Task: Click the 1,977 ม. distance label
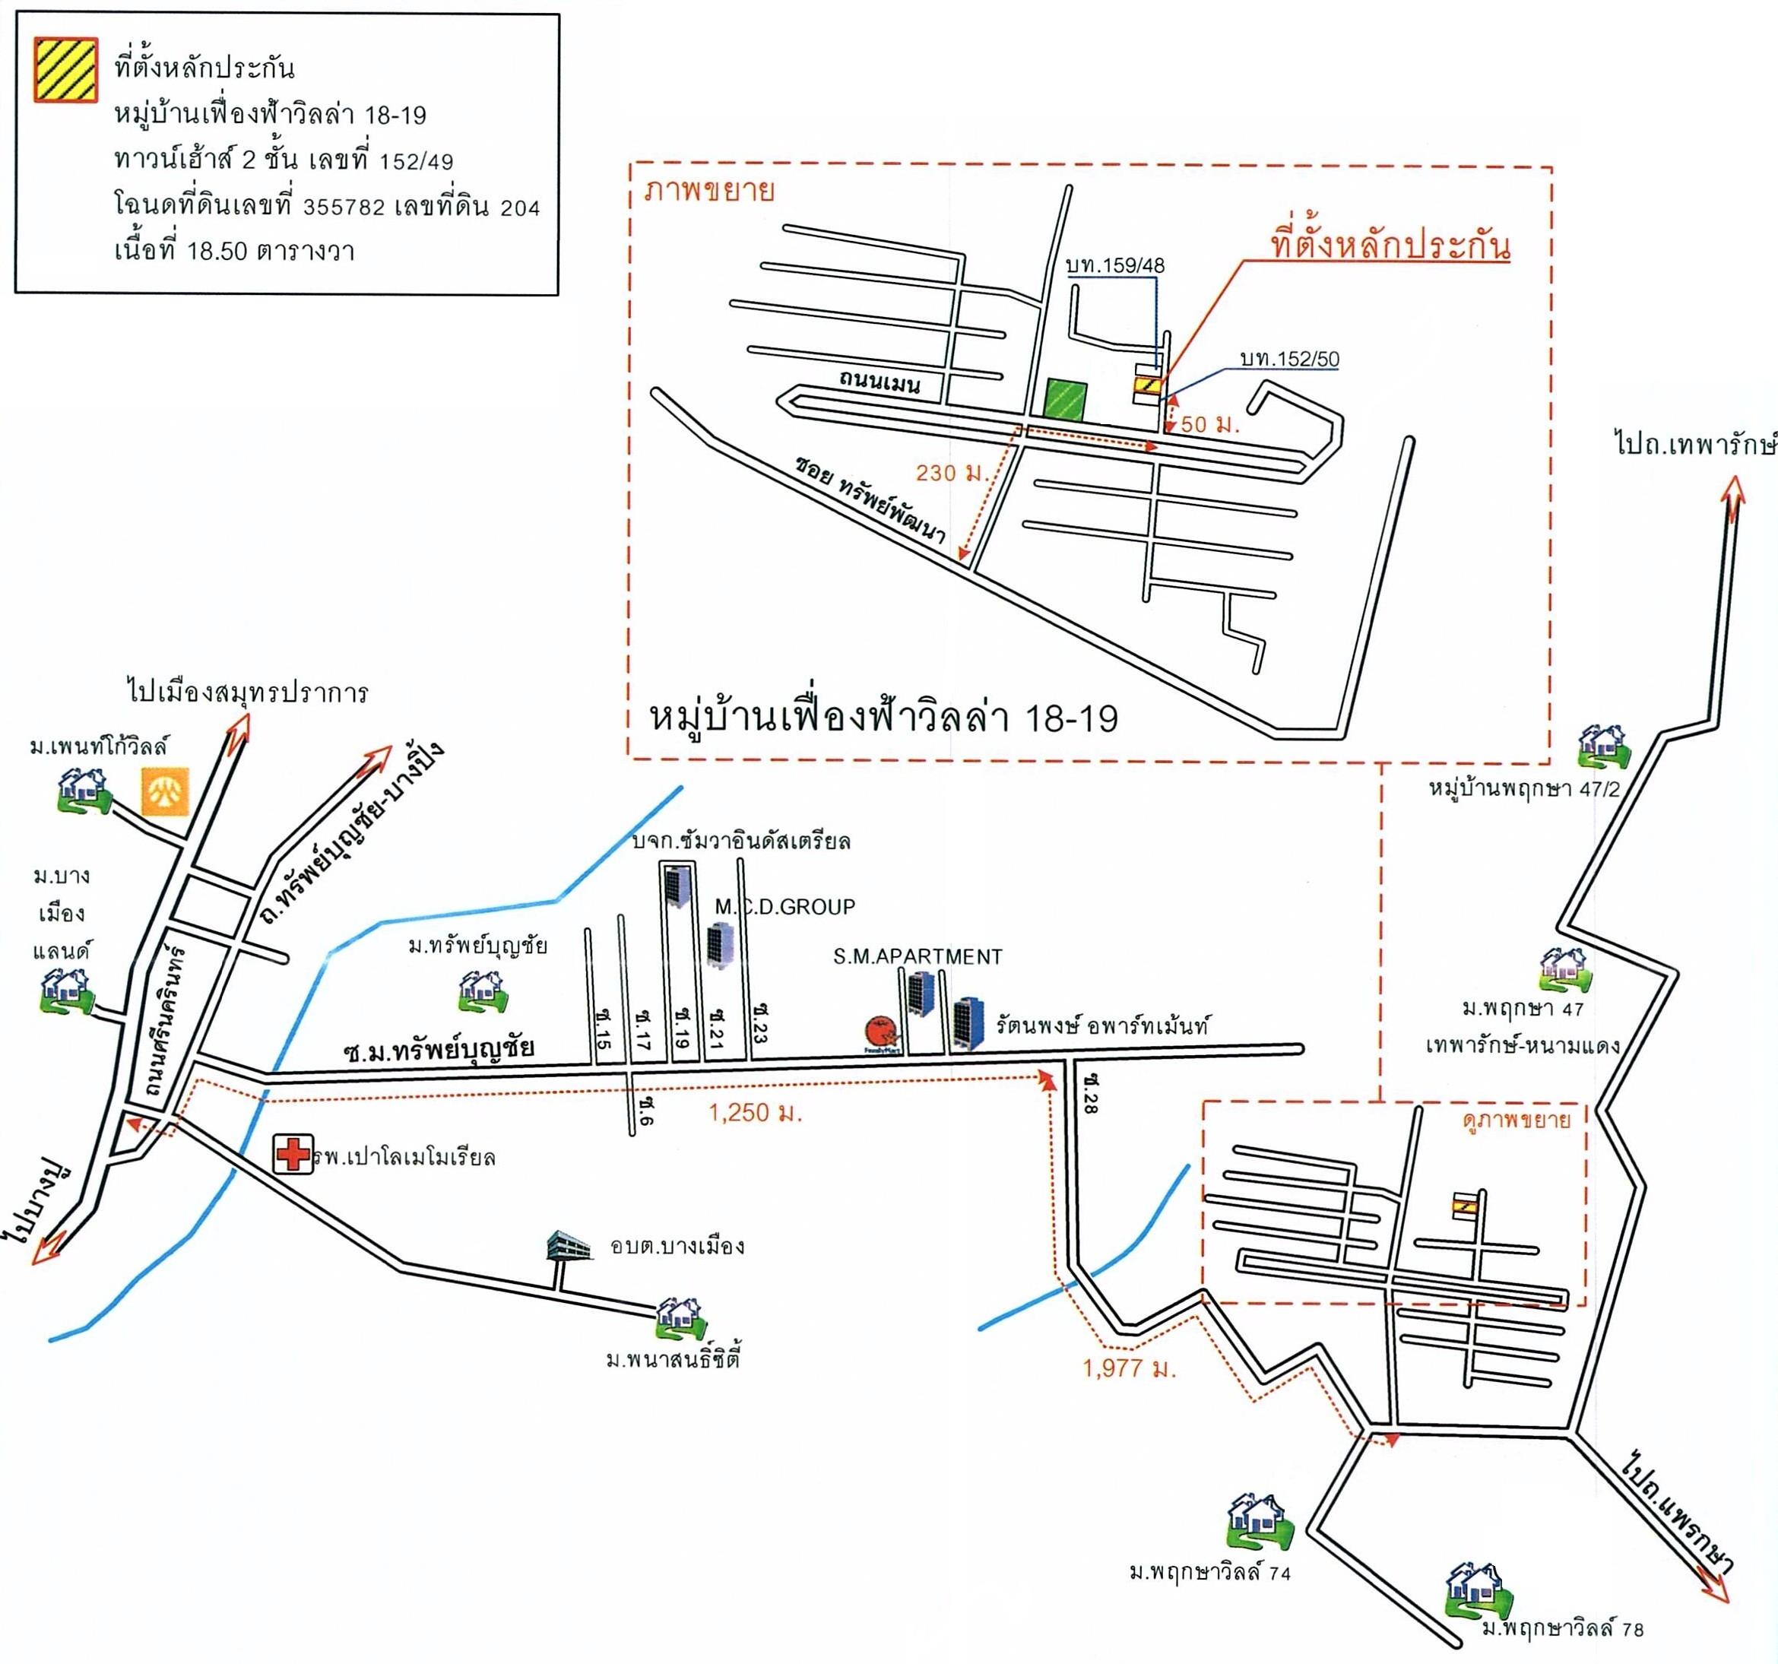coord(1129,1369)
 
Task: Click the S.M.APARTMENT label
coord(918,957)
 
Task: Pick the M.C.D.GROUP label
coord(785,907)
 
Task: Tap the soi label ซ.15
coord(602,1029)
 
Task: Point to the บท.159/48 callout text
coord(1115,265)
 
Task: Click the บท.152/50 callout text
coord(1290,360)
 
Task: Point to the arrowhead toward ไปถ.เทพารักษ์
coord(1734,491)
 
